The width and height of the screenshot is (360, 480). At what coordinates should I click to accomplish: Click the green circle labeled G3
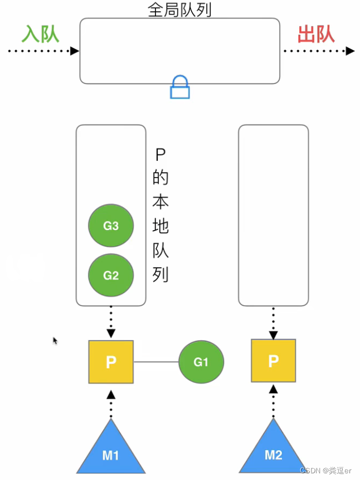(x=111, y=226)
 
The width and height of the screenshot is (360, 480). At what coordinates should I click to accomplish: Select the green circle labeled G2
(x=111, y=275)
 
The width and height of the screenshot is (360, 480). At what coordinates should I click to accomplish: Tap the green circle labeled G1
(x=201, y=362)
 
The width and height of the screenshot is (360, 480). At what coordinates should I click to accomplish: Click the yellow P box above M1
(x=111, y=362)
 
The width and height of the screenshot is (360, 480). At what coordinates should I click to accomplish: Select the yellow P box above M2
(x=273, y=361)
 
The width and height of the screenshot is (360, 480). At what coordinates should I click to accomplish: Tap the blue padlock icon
(x=180, y=88)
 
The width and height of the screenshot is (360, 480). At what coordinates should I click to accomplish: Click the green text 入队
(x=40, y=35)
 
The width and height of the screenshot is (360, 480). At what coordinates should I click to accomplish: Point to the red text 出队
(x=316, y=35)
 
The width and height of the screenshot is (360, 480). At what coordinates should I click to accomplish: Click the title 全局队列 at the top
(x=180, y=9)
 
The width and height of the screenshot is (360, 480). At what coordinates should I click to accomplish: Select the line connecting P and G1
(x=156, y=362)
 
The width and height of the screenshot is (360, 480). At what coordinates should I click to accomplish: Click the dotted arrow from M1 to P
(x=111, y=402)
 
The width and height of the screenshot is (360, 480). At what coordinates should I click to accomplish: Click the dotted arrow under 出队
(x=318, y=51)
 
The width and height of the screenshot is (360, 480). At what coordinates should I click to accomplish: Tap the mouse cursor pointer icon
(x=55, y=340)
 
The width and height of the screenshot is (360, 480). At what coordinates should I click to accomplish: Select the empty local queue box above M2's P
(x=273, y=215)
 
